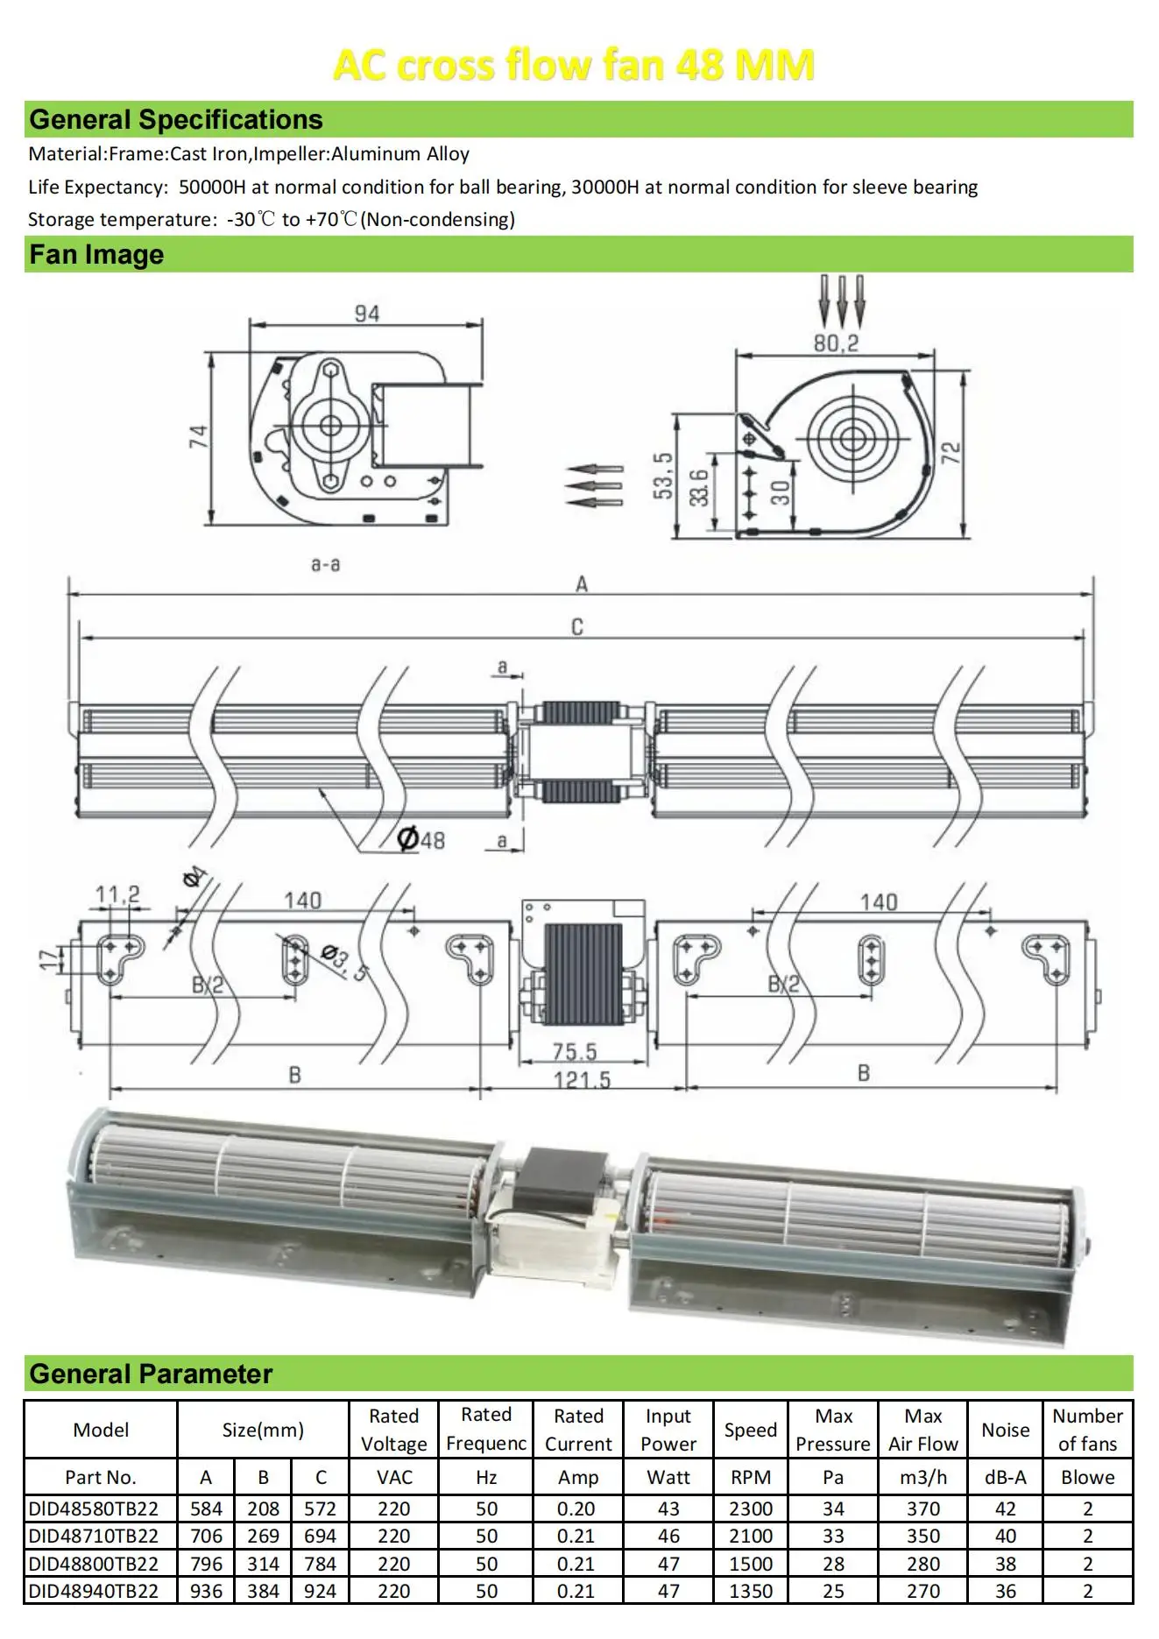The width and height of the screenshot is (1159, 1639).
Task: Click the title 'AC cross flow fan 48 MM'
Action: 574,65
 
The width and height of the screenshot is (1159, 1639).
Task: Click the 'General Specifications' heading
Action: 175,119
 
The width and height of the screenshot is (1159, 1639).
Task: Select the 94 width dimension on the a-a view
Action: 367,314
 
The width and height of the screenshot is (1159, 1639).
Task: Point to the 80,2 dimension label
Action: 836,343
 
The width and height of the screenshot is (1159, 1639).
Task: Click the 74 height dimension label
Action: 199,436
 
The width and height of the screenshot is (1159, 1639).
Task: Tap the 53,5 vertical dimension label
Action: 663,477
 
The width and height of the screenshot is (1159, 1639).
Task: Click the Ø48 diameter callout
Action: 421,840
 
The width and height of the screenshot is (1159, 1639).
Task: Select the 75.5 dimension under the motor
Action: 574,1051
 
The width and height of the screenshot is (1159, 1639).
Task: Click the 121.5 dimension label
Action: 582,1079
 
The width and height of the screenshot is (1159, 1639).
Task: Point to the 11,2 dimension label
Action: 117,894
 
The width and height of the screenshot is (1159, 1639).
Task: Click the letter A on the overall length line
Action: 581,584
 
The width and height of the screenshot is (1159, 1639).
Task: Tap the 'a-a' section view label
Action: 325,564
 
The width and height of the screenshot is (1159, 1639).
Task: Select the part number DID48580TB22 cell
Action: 94,1508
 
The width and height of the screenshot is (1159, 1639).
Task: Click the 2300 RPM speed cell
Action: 751,1508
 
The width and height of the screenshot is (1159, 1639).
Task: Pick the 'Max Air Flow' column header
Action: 922,1430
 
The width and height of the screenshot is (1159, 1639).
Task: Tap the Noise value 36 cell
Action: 1005,1591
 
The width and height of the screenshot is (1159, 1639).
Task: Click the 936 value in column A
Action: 206,1591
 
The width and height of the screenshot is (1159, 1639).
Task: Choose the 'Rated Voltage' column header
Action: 394,1430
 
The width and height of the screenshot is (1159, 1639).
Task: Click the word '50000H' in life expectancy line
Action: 212,187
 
